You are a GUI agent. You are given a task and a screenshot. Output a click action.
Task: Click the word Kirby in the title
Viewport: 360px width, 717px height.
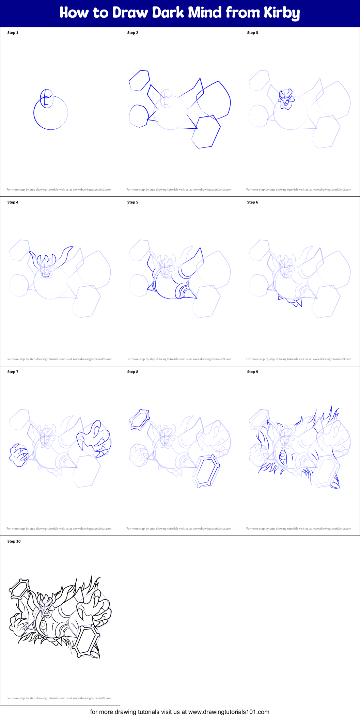point(282,13)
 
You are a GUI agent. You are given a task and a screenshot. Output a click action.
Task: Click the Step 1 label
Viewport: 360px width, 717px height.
point(13,33)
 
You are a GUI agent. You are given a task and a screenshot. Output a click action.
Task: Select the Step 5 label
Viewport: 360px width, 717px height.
point(132,202)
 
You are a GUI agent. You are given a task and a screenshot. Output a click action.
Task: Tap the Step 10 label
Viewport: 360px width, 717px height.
point(14,541)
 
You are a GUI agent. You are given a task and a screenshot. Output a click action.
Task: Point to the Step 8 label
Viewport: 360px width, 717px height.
point(132,372)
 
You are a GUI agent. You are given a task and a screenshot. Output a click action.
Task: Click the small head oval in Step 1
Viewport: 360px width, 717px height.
point(47,98)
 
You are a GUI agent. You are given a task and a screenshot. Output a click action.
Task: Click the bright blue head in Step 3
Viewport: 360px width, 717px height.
point(286,99)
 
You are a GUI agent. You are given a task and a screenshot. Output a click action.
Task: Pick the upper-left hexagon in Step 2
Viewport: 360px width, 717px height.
point(139,81)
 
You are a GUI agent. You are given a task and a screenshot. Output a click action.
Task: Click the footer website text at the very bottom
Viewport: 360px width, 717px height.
point(180,712)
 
